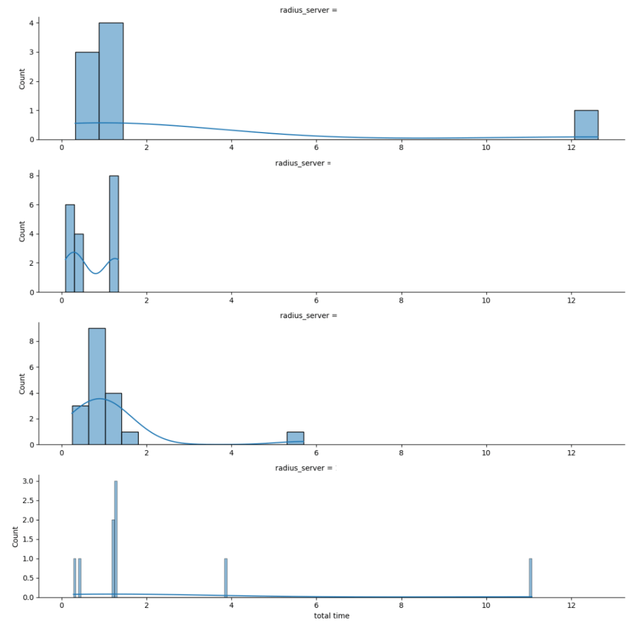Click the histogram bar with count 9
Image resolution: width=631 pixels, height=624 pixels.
[97, 387]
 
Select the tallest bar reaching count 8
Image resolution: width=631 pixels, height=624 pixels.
[113, 234]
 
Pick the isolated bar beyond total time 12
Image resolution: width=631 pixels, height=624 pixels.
[586, 125]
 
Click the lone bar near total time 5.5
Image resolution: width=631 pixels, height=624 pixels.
[295, 438]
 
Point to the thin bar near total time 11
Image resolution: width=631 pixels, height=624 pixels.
[530, 578]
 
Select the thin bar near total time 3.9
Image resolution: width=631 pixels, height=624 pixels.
[226, 578]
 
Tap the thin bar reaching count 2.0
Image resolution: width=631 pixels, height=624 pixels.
[113, 559]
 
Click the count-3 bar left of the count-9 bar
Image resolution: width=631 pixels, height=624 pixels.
[80, 425]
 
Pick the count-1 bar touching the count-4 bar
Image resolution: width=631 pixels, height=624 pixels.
[130, 438]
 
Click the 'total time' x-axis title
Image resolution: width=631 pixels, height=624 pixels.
[332, 615]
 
